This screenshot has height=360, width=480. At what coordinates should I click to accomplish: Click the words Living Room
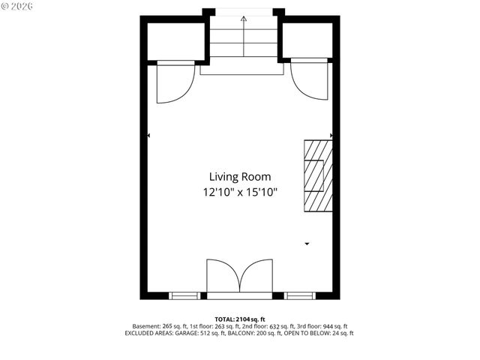pos(239,177)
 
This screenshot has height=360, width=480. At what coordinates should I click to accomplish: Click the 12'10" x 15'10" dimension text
pos(240,193)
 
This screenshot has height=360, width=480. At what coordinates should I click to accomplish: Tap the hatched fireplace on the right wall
pos(316,176)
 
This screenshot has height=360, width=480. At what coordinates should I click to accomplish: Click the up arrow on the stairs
pos(243,17)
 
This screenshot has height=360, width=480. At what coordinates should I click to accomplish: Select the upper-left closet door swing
pos(171,82)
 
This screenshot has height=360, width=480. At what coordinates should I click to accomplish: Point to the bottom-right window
pos(298,295)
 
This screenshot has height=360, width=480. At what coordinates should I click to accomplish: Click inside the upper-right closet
pos(307,41)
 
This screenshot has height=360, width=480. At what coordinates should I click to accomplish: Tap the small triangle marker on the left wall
pos(149,136)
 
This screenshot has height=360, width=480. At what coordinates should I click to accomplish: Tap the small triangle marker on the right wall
pos(331,136)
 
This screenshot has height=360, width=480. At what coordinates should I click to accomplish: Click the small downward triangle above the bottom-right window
pos(306,244)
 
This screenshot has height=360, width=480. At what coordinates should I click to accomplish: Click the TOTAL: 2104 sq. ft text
pos(240,319)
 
